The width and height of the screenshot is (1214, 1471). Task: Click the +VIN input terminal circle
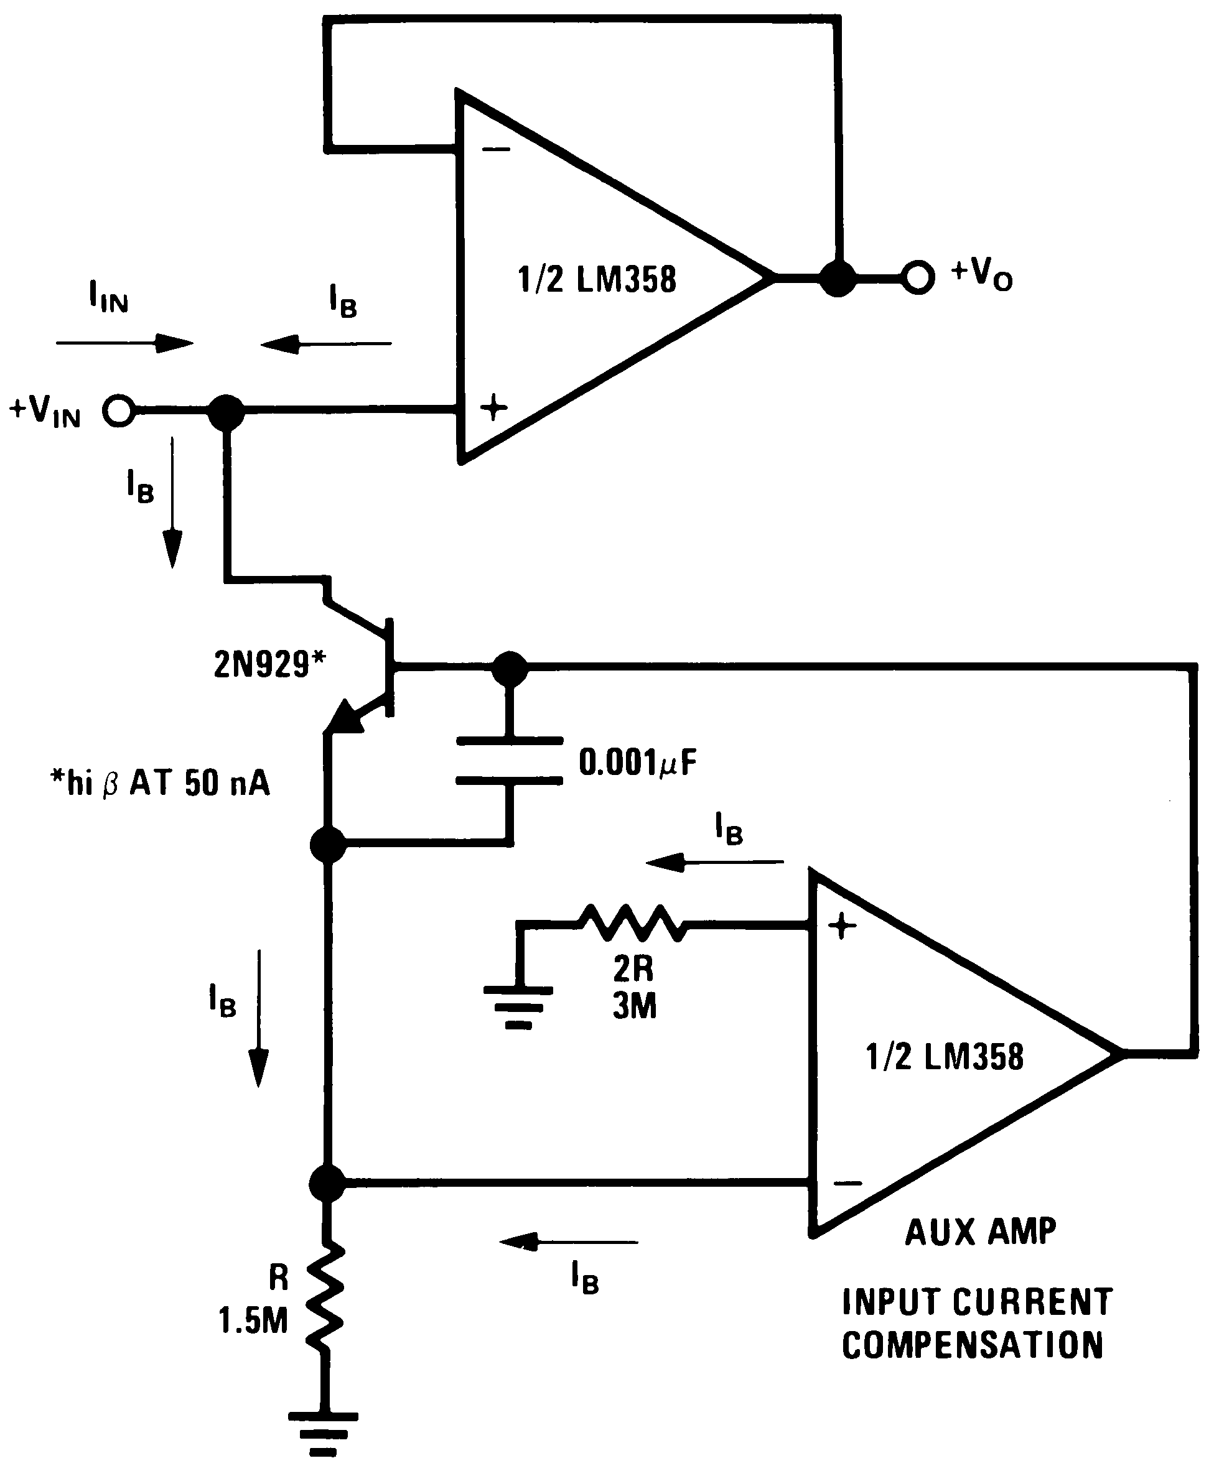[x=118, y=411]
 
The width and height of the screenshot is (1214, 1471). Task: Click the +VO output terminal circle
[x=917, y=277]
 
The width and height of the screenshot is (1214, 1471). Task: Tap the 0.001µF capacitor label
[x=638, y=762]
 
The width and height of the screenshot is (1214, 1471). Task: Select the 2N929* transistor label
[x=269, y=664]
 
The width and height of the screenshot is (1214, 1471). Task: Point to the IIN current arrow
[x=124, y=343]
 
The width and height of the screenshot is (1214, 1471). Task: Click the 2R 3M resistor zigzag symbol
[x=632, y=924]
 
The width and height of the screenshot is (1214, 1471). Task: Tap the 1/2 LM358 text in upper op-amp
[x=597, y=279]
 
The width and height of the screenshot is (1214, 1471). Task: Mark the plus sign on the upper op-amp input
[x=493, y=407]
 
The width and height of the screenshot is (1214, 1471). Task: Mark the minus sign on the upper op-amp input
[x=497, y=149]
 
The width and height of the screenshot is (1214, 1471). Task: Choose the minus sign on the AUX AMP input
[x=847, y=1183]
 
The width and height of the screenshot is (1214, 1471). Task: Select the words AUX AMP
[x=981, y=1232]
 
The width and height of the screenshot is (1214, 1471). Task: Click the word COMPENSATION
[x=972, y=1345]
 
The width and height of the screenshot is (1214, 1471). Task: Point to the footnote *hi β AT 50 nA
[x=160, y=783]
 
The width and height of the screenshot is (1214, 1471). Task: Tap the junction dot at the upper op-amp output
[x=837, y=277]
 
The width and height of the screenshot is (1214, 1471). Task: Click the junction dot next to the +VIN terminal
[x=226, y=412]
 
